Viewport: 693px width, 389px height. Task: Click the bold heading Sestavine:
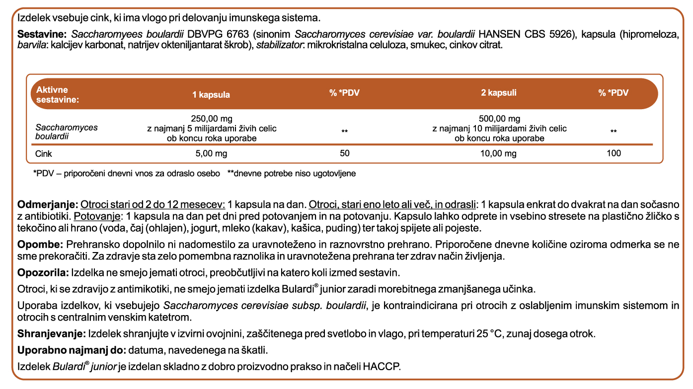point(42,35)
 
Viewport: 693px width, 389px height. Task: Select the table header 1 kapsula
point(211,94)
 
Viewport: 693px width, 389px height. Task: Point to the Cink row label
point(44,153)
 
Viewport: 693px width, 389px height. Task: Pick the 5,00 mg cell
point(212,153)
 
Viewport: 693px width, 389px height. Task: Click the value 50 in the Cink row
point(344,153)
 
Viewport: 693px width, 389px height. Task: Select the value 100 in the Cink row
point(614,153)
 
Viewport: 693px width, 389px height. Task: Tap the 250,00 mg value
point(212,119)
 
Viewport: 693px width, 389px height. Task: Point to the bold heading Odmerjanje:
point(47,205)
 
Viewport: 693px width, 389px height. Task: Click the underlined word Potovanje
point(97,217)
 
